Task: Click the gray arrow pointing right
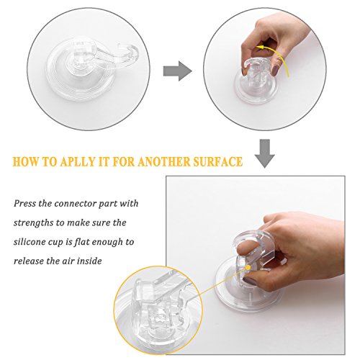pyautogui.click(x=178, y=71)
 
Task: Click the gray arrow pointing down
pyautogui.click(x=264, y=153)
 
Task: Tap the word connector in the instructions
pyautogui.click(x=76, y=204)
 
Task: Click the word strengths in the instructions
pyautogui.click(x=33, y=223)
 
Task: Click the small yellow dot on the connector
pyautogui.click(x=248, y=267)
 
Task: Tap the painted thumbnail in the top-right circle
pyautogui.click(x=276, y=71)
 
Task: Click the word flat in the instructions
pyautogui.click(x=82, y=242)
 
